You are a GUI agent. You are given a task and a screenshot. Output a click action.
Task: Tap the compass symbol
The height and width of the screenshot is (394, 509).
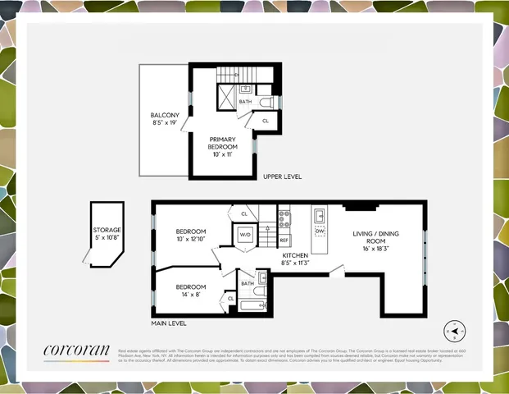[x=452, y=331]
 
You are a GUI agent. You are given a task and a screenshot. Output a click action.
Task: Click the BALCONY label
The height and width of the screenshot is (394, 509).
[x=165, y=115]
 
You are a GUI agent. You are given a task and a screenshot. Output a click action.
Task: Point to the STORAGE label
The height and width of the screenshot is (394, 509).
[x=107, y=231]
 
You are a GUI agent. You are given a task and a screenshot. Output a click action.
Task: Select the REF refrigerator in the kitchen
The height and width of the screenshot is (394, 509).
[x=284, y=240]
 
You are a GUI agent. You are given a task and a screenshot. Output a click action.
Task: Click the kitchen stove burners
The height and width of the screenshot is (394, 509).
[x=284, y=218]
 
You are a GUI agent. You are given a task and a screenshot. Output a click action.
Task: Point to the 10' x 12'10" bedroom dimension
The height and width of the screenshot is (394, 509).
[x=191, y=239]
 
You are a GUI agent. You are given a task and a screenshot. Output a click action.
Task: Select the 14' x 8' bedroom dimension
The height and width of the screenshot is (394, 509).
[x=189, y=293]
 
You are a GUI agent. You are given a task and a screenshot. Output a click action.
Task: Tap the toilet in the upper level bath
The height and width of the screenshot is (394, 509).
[x=265, y=101]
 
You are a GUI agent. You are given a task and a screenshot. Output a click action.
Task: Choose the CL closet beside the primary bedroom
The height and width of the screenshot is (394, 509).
[x=265, y=121]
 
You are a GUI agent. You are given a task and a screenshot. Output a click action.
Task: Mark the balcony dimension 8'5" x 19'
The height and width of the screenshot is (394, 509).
[x=165, y=122]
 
